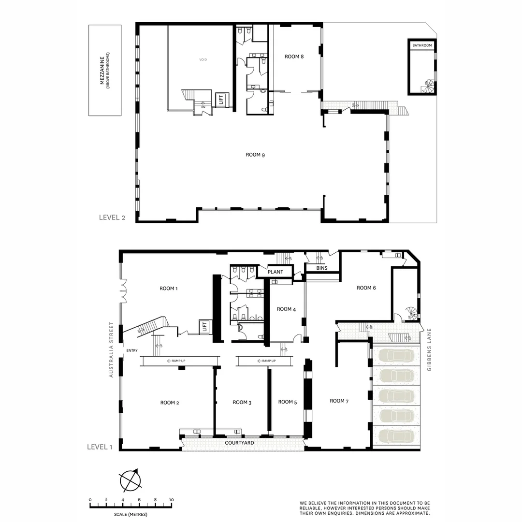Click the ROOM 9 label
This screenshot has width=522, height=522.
pos(255,155)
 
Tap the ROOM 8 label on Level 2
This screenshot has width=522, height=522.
pos(294,57)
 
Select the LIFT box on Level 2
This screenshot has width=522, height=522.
pos(222,100)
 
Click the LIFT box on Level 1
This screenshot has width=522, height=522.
pos(204,327)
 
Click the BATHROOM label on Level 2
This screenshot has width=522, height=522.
pos(421,45)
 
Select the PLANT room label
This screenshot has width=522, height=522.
pos(275,272)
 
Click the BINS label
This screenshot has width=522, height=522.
pos(322,268)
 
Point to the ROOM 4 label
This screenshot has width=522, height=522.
pos(284,309)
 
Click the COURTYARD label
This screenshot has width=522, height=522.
pos(240,443)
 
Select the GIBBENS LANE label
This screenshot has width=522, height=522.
pos(429,350)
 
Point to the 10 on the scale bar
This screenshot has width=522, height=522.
pos(171,500)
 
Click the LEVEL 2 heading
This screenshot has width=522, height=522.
pos(112,217)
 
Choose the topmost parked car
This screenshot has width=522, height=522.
pos(395,356)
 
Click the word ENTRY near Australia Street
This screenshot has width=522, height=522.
pos(131,350)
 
